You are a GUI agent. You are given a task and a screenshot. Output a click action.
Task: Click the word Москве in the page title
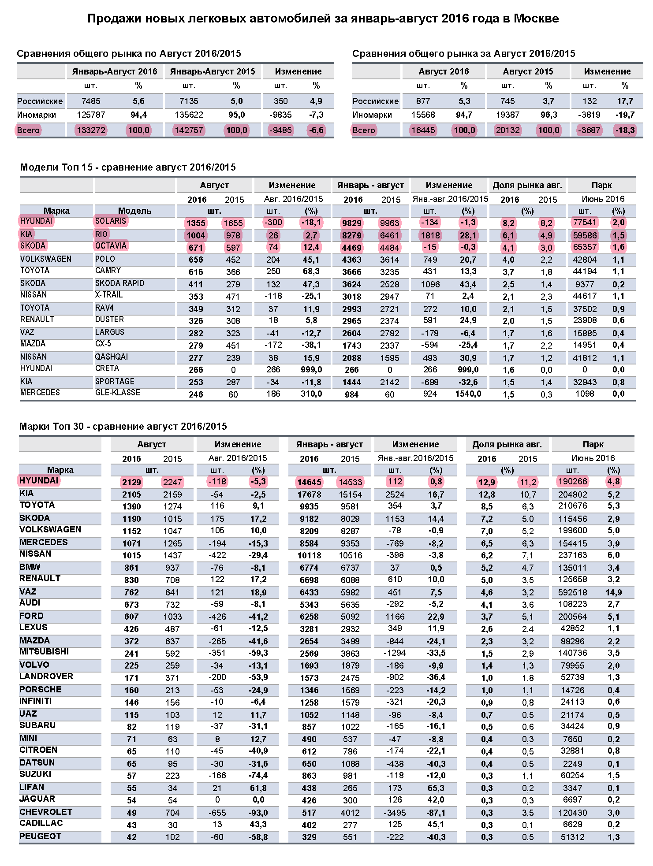tap(536, 19)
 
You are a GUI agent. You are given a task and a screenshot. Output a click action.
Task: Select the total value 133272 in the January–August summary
tap(91, 130)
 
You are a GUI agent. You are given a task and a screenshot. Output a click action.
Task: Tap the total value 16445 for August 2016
tap(423, 130)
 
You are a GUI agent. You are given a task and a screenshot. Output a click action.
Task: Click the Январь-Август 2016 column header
tap(115, 71)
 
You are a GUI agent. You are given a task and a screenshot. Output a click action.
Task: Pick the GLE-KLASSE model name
tap(118, 393)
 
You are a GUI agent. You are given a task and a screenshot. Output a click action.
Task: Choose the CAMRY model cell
tap(108, 271)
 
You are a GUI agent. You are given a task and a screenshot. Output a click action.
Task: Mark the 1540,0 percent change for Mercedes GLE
tap(468, 394)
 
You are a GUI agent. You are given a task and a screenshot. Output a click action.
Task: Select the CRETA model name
tap(107, 368)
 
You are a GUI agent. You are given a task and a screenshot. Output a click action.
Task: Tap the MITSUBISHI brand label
tap(44, 652)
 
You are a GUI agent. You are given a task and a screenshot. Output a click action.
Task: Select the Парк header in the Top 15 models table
tap(602, 186)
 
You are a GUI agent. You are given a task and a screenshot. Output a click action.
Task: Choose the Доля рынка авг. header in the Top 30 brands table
tap(507, 445)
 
